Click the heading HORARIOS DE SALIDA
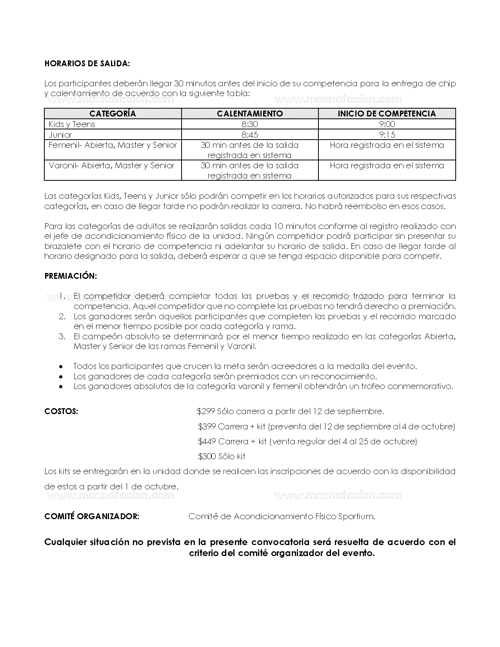(x=87, y=64)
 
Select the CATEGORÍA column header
(x=113, y=114)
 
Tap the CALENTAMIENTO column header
(x=250, y=114)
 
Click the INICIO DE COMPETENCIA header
(x=387, y=114)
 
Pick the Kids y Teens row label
(x=72, y=124)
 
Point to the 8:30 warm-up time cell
(x=250, y=124)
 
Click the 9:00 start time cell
(x=387, y=124)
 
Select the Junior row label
(x=60, y=135)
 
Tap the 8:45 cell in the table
(x=250, y=135)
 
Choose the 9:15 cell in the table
(x=387, y=135)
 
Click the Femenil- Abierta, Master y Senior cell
(x=113, y=145)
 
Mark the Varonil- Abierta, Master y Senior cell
(x=111, y=165)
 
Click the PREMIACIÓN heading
(x=71, y=276)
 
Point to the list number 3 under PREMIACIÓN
(x=62, y=336)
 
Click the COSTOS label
(x=61, y=412)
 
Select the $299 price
(x=206, y=412)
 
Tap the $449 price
(x=207, y=442)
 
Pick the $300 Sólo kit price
(x=222, y=456)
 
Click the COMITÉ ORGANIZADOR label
(x=92, y=516)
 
